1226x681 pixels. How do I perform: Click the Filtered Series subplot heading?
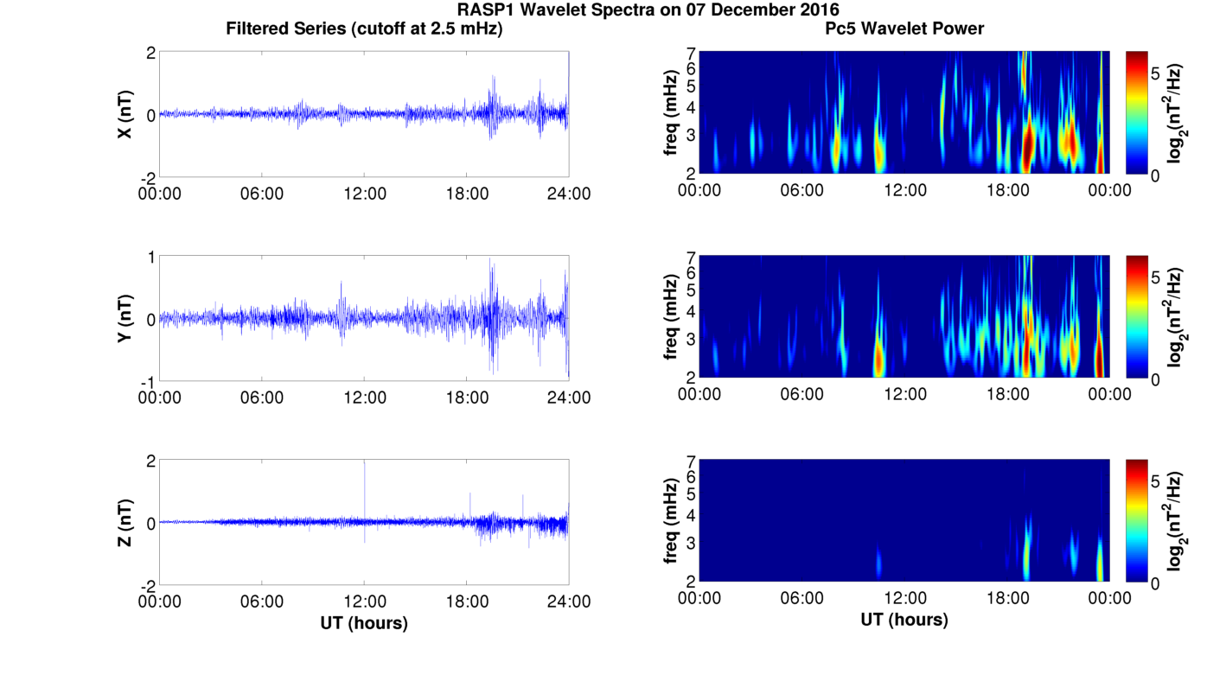(364, 29)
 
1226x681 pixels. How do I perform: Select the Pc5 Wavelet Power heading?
(904, 29)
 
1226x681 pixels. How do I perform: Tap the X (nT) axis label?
(125, 113)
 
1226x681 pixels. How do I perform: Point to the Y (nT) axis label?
(125, 318)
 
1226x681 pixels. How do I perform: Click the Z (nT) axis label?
(125, 522)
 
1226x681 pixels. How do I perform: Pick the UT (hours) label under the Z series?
(364, 622)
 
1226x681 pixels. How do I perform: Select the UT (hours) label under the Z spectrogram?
(904, 620)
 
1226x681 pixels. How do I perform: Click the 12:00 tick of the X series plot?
(365, 194)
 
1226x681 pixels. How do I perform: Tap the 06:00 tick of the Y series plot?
(262, 398)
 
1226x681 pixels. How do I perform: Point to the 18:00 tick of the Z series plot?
(467, 601)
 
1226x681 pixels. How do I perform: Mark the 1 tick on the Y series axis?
(151, 257)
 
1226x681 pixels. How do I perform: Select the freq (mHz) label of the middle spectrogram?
(671, 318)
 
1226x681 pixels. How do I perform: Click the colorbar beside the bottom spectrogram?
(1136, 521)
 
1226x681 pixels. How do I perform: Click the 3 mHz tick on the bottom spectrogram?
(691, 543)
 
